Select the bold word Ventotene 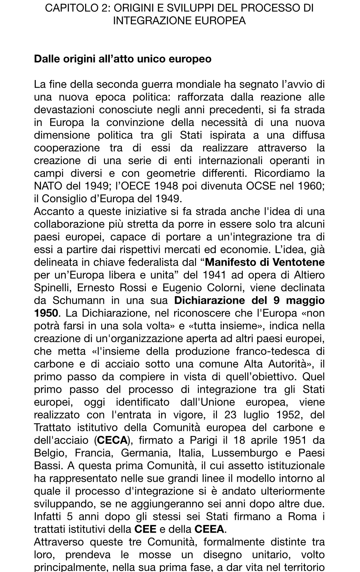pos(299,262)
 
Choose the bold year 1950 pos(46,313)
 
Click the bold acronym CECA pos(112,440)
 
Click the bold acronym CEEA pos(209,529)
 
